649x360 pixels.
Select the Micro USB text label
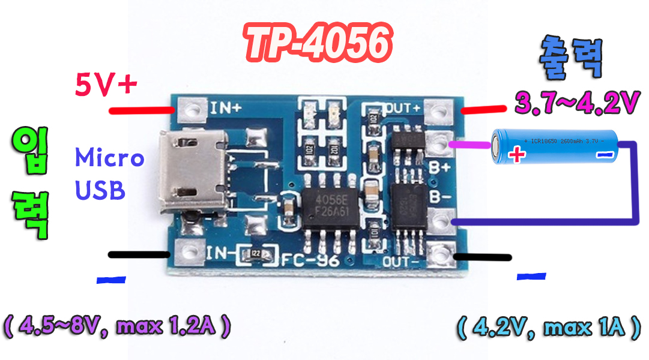point(109,174)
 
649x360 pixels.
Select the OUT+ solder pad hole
point(441,110)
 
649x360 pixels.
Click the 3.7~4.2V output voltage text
point(576,103)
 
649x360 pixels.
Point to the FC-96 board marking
point(311,260)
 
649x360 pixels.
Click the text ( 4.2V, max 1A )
point(548,327)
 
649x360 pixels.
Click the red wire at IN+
point(141,110)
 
